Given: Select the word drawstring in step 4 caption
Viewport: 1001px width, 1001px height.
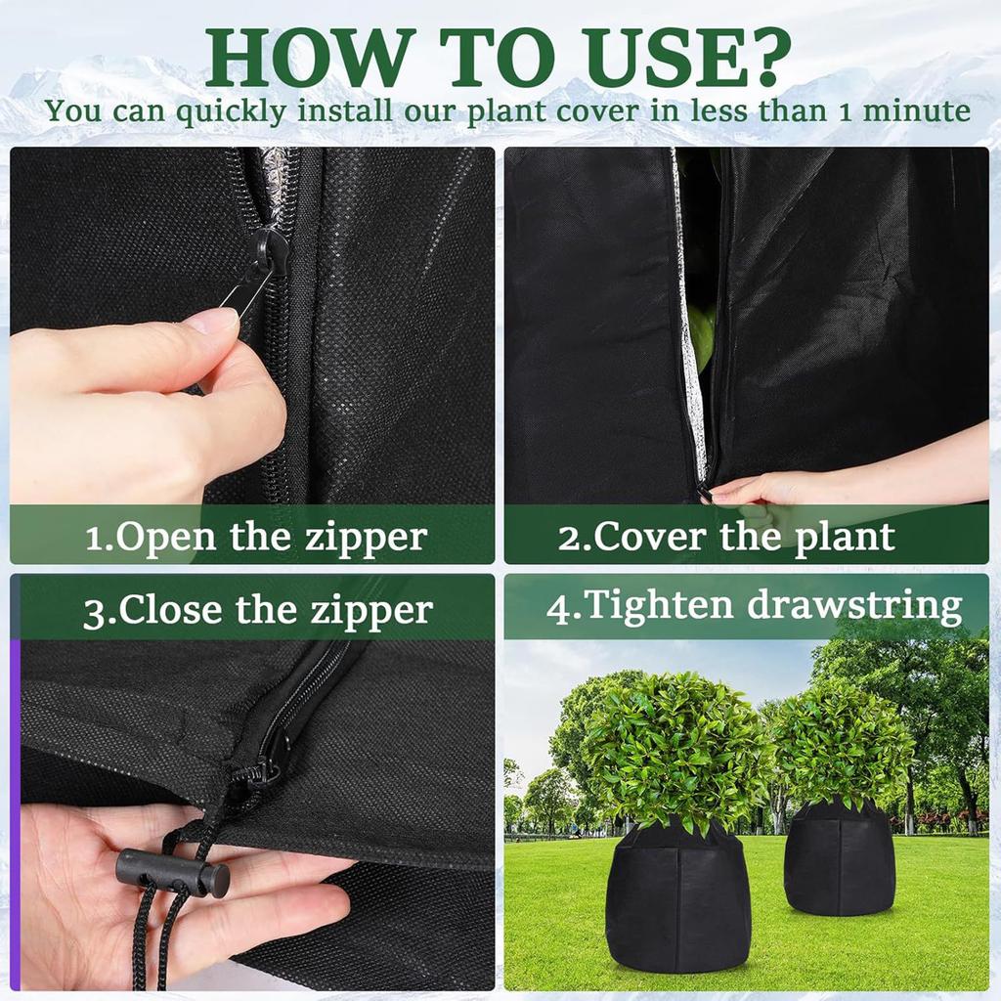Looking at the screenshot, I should [854, 605].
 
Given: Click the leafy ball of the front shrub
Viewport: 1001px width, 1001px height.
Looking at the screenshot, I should [675, 748].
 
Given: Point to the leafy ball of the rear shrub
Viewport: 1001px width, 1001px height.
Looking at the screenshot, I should [843, 744].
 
